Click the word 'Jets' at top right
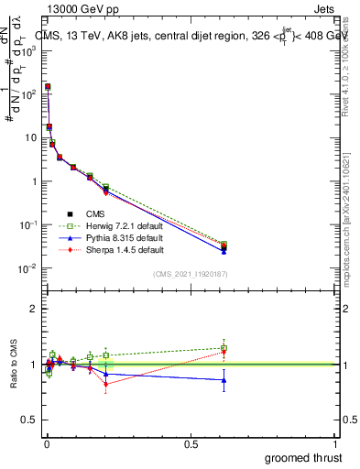tap(325, 11)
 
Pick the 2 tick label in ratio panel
tap(35, 309)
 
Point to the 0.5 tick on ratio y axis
tap(31, 420)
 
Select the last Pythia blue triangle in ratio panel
tap(224, 380)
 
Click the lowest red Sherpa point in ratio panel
tap(106, 384)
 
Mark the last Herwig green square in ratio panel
tap(224, 348)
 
